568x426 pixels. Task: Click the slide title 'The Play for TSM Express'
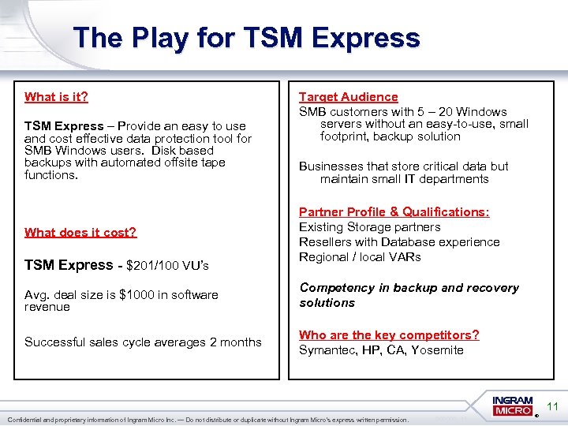pos(246,38)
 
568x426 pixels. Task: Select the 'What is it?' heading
pos(56,97)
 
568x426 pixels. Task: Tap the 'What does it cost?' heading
pos(80,232)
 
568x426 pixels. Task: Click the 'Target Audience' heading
pos(348,97)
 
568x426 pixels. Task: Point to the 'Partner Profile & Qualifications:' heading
pos(394,212)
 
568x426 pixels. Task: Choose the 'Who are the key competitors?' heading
pos(389,335)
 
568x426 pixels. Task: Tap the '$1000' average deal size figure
pos(135,295)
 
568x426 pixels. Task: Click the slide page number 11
pos(552,407)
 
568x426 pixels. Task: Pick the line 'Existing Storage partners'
pos(369,227)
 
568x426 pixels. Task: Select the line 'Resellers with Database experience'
pos(399,242)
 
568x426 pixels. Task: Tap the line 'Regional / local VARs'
pos(360,257)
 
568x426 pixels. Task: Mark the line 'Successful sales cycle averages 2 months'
pos(143,342)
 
